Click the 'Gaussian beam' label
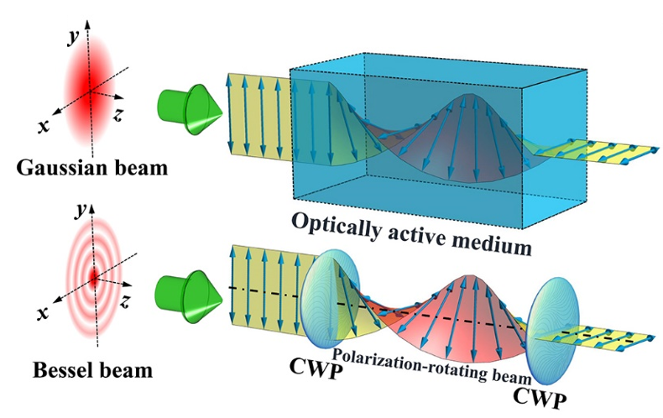click(x=90, y=166)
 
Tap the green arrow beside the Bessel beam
click(x=190, y=297)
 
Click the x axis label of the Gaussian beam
click(x=41, y=125)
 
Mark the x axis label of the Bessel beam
click(x=44, y=312)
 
